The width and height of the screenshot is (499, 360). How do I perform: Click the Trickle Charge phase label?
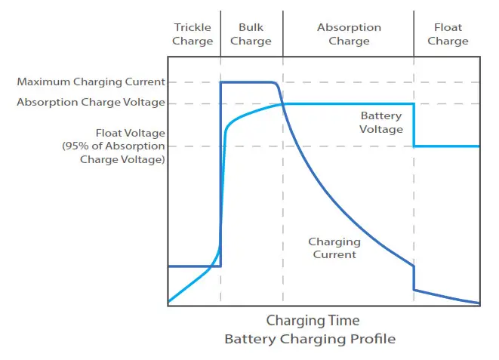coord(193,34)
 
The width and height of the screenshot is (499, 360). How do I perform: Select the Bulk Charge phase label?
coord(251,34)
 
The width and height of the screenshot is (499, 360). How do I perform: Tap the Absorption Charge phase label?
coord(349,34)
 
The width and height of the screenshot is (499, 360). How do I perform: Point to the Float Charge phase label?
coord(448,34)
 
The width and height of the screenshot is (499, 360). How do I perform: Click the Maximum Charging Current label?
coord(91,82)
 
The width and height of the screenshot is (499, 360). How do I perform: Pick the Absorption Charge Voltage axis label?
coord(91,103)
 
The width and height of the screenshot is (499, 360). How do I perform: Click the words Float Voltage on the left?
coord(130,132)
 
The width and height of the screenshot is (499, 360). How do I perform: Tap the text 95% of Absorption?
coord(113,146)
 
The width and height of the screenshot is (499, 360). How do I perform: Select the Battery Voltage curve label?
coord(381,122)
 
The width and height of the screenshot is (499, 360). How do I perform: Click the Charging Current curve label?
coord(334,248)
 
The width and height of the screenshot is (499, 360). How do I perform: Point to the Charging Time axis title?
coord(313,321)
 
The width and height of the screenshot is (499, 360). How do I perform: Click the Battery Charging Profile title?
coord(310,339)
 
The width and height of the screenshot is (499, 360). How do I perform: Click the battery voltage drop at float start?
coord(414,125)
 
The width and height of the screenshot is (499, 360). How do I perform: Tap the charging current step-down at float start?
coord(414,278)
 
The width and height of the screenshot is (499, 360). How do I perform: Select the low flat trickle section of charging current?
coord(193,266)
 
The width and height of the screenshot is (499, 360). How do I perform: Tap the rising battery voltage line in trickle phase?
coord(193,283)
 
